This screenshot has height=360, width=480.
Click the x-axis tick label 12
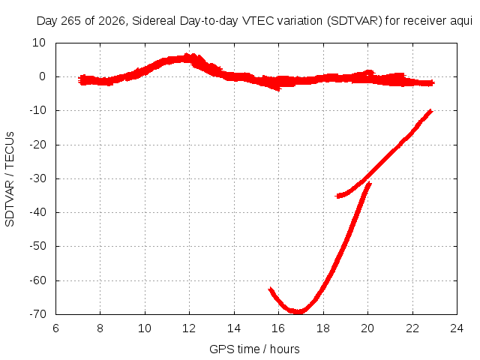pyautogui.click(x=189, y=328)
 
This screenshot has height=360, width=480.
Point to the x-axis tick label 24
pyautogui.click(x=457, y=328)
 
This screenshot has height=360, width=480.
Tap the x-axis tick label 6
pyautogui.click(x=55, y=328)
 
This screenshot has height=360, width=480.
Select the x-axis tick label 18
pyautogui.click(x=323, y=328)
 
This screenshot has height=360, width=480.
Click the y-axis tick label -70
pyautogui.click(x=38, y=314)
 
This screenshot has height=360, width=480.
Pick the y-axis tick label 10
pyautogui.click(x=39, y=43)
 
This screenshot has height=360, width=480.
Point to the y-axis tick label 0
pyautogui.click(x=42, y=76)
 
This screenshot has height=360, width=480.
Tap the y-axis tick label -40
pyautogui.click(x=38, y=212)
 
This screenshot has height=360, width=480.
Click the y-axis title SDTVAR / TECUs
pyautogui.click(x=10, y=179)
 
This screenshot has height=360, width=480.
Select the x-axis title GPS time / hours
pyautogui.click(x=254, y=349)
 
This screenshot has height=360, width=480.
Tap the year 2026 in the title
pyautogui.click(x=112, y=21)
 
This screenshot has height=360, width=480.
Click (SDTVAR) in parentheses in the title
pyautogui.click(x=355, y=21)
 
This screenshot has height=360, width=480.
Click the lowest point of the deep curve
pyautogui.click(x=297, y=312)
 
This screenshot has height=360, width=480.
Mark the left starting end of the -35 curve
pyautogui.click(x=337, y=196)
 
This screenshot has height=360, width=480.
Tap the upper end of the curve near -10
pyautogui.click(x=431, y=110)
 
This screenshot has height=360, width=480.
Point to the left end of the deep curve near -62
pyautogui.click(x=270, y=289)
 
